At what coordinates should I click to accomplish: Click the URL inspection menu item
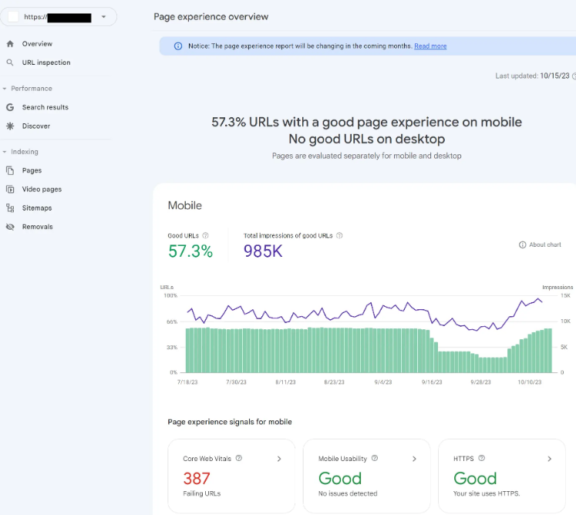click(x=45, y=62)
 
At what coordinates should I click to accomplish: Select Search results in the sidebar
click(x=45, y=107)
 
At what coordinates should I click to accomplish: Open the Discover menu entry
click(x=35, y=126)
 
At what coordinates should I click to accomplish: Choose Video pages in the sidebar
click(x=42, y=189)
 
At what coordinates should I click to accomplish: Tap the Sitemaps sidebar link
click(x=37, y=208)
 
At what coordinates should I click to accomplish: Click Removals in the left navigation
click(x=37, y=227)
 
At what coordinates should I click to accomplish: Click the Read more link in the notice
click(x=430, y=46)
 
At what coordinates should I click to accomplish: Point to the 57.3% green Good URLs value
click(x=190, y=251)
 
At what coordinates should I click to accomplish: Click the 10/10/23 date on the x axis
click(x=529, y=382)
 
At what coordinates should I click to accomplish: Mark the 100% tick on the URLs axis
click(x=170, y=295)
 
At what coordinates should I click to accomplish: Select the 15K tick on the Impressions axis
click(x=564, y=295)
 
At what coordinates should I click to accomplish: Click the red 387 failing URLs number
click(x=197, y=478)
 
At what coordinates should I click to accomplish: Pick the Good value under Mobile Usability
click(x=340, y=478)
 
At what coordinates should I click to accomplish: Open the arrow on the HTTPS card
click(x=550, y=459)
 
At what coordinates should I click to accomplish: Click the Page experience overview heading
click(x=211, y=16)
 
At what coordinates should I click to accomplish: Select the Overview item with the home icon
click(x=37, y=44)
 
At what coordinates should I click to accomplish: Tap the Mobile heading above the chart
click(x=184, y=206)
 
